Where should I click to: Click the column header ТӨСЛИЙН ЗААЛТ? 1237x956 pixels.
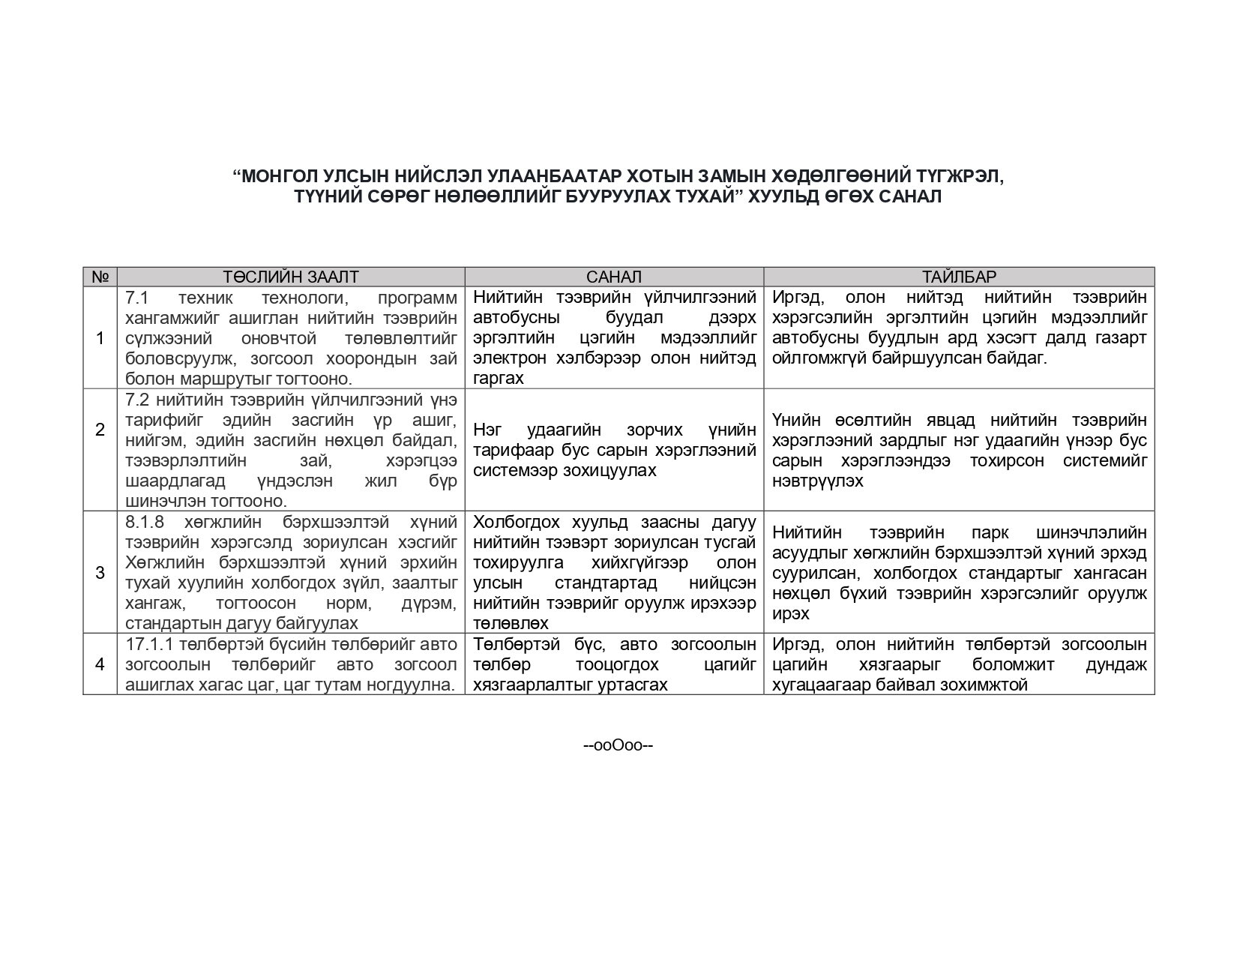[290, 277]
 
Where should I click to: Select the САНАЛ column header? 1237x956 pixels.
[614, 277]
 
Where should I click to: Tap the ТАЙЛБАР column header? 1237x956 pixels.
[959, 277]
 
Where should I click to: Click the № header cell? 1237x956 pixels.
[100, 277]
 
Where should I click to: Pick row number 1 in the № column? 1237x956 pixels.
[100, 338]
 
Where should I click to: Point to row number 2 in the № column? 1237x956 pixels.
[100, 430]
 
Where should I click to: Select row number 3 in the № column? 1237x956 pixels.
[100, 573]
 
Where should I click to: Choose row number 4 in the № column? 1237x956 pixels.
[100, 664]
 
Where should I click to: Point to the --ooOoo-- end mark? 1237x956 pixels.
[618, 746]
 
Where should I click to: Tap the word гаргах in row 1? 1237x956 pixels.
[498, 379]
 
